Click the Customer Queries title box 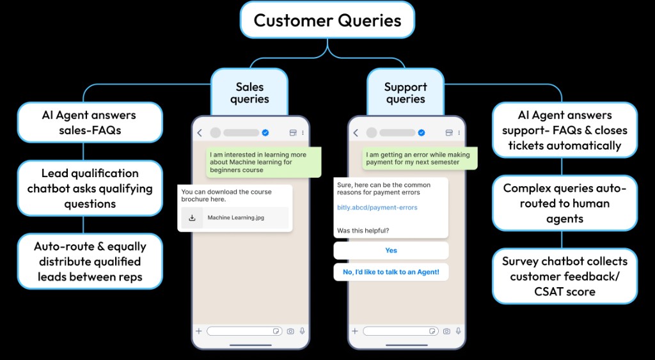327,20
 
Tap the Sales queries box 249,93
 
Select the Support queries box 405,93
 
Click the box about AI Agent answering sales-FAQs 90,123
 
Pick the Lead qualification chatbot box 90,188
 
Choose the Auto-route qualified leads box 90,262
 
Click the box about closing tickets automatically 564,130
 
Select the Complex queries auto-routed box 564,203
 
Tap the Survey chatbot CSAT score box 564,276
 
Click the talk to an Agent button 391,272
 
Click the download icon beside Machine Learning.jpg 191,217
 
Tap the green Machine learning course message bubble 264,162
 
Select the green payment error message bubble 419,159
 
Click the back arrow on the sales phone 200,133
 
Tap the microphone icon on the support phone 458,331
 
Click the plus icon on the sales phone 199,331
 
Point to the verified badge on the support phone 422,133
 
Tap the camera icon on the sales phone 290,331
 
